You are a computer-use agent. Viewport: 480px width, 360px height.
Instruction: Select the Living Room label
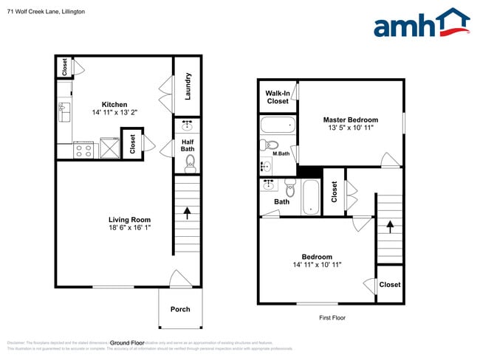(129, 220)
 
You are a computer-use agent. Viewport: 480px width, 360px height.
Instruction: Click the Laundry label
(188, 86)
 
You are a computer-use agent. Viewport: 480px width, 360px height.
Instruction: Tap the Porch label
(180, 309)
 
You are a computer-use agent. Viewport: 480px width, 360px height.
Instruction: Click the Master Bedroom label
(350, 120)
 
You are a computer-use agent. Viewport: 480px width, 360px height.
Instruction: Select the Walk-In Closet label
(278, 97)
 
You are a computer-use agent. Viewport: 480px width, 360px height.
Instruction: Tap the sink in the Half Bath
(188, 125)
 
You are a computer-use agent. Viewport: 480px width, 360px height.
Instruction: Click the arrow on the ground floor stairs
(187, 214)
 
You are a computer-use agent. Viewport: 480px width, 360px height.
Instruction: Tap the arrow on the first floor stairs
(389, 222)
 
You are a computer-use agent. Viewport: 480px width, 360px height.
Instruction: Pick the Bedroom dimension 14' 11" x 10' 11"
(316, 264)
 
